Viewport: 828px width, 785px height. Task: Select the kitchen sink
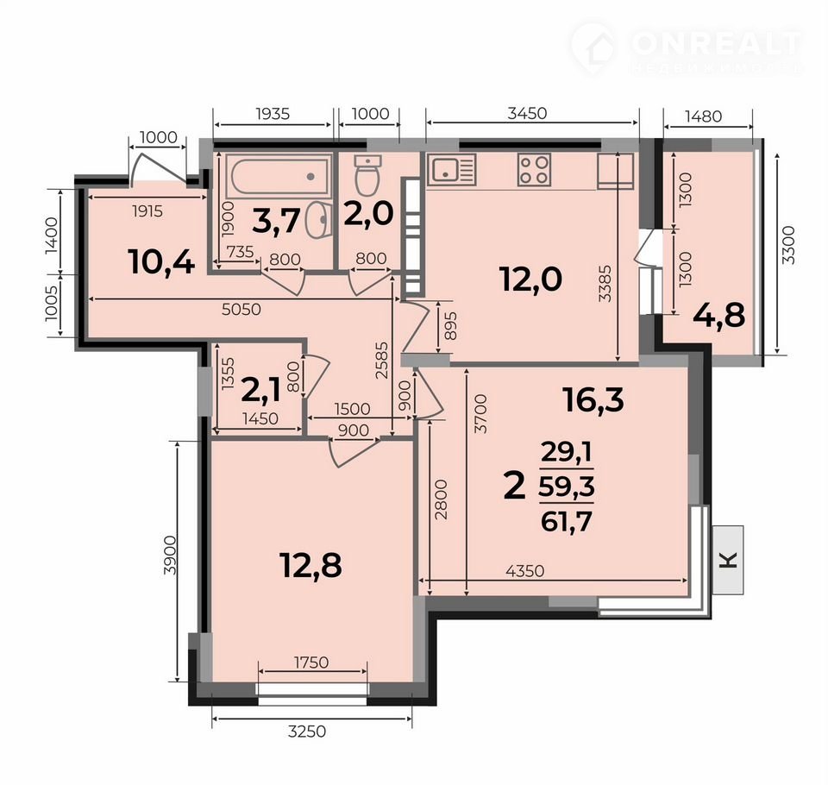point(451,169)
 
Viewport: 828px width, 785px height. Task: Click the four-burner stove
point(534,169)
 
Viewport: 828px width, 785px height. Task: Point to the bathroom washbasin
point(319,220)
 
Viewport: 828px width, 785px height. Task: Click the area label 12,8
point(311,565)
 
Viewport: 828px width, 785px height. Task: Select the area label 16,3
point(593,399)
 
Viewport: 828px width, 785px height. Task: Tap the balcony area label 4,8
point(718,316)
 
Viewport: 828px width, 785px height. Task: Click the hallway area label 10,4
point(161,262)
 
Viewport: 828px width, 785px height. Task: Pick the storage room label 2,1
point(262,391)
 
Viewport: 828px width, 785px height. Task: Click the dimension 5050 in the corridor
point(241,309)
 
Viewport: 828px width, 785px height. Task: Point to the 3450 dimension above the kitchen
point(526,113)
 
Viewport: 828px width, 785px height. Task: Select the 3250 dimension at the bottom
point(307,732)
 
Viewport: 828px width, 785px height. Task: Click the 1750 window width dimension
point(311,662)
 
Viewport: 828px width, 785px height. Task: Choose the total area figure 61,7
point(566,523)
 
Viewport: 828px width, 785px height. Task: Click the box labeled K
point(728,560)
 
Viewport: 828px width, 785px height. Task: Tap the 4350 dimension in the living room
point(524,570)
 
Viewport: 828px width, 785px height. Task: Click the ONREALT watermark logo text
point(717,44)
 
